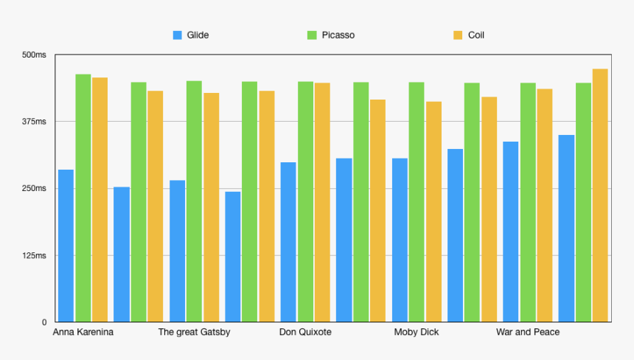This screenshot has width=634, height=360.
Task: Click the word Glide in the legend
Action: pyautogui.click(x=198, y=35)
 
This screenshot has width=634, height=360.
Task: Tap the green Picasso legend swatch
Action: pyautogui.click(x=312, y=35)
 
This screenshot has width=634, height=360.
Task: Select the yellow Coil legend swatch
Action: pyautogui.click(x=458, y=35)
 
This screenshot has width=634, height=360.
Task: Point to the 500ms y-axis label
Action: pyautogui.click(x=34, y=55)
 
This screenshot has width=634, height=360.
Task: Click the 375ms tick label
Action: pyautogui.click(x=34, y=121)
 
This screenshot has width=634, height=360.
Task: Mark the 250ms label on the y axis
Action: pyautogui.click(x=34, y=189)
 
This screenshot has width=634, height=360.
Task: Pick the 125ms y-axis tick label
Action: pyautogui.click(x=34, y=256)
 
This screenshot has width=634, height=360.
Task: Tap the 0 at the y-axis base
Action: pyautogui.click(x=44, y=322)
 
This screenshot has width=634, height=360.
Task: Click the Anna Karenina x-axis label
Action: pyautogui.click(x=83, y=332)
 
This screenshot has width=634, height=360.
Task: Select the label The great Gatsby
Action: pyautogui.click(x=194, y=332)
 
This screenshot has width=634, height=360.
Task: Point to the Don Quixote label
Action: pyautogui.click(x=305, y=332)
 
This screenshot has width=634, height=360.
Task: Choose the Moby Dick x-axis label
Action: pyautogui.click(x=417, y=332)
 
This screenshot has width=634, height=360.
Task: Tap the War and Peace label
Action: pyautogui.click(x=528, y=332)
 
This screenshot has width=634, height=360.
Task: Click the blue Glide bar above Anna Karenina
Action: pyautogui.click(x=66, y=246)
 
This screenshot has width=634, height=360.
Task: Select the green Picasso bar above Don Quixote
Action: pyautogui.click(x=306, y=202)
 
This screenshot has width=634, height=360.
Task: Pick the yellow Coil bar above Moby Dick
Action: pyautogui.click(x=434, y=212)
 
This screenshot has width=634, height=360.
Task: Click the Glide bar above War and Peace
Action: pyautogui.click(x=511, y=232)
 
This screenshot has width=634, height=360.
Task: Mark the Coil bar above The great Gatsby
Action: pyautogui.click(x=212, y=207)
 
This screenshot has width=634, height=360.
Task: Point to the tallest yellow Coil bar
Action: pyautogui.click(x=600, y=195)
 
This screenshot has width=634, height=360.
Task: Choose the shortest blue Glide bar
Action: pyautogui.click(x=233, y=257)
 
